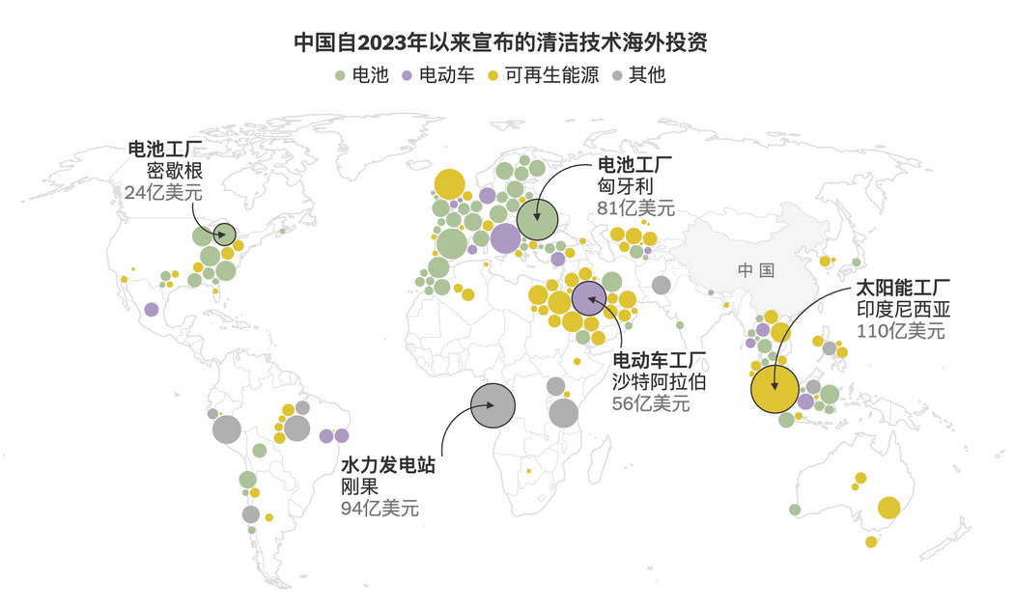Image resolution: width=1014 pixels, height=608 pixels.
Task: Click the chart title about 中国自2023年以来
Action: pos(507,43)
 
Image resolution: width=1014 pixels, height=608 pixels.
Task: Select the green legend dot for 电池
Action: pos(340,75)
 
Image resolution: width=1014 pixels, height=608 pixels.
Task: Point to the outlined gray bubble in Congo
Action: pos(493,405)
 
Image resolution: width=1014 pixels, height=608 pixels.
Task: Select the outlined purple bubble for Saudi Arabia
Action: pos(588,298)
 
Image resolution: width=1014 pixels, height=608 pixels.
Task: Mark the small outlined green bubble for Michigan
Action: pos(224,233)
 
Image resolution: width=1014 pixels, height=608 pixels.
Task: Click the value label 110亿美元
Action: pos(900,330)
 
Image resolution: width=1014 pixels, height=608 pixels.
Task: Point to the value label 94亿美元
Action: pos(380,509)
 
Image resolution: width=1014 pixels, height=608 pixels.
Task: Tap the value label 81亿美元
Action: pos(636,207)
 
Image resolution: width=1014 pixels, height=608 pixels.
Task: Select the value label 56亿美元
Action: pos(651,403)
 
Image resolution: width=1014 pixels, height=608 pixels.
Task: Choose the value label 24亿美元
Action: pos(163,192)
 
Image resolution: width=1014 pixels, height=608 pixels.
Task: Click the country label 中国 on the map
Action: pos(755,270)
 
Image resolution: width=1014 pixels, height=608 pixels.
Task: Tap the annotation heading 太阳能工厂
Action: pos(904,289)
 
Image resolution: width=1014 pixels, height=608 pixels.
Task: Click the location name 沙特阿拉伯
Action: pos(660,382)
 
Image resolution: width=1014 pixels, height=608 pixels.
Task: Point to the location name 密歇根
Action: pos(173,171)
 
